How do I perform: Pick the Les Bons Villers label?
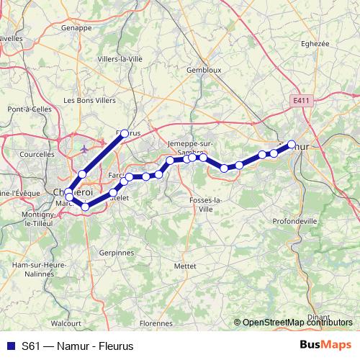click(89, 101)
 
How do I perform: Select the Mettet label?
click(185, 265)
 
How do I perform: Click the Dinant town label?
click(318, 316)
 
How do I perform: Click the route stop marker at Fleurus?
click(125, 133)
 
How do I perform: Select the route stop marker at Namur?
click(292, 144)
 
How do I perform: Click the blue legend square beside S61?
click(10, 346)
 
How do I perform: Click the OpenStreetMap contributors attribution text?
click(297, 323)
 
